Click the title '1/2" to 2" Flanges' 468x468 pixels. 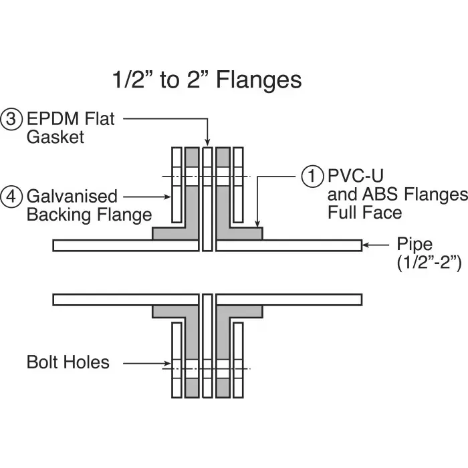pos(206,80)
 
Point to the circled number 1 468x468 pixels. pos(312,177)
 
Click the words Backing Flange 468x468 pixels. pos(89,215)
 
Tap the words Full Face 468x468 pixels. pos(364,213)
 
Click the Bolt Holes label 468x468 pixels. pos(68,362)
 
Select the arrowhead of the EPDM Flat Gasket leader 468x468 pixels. pos(207,142)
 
